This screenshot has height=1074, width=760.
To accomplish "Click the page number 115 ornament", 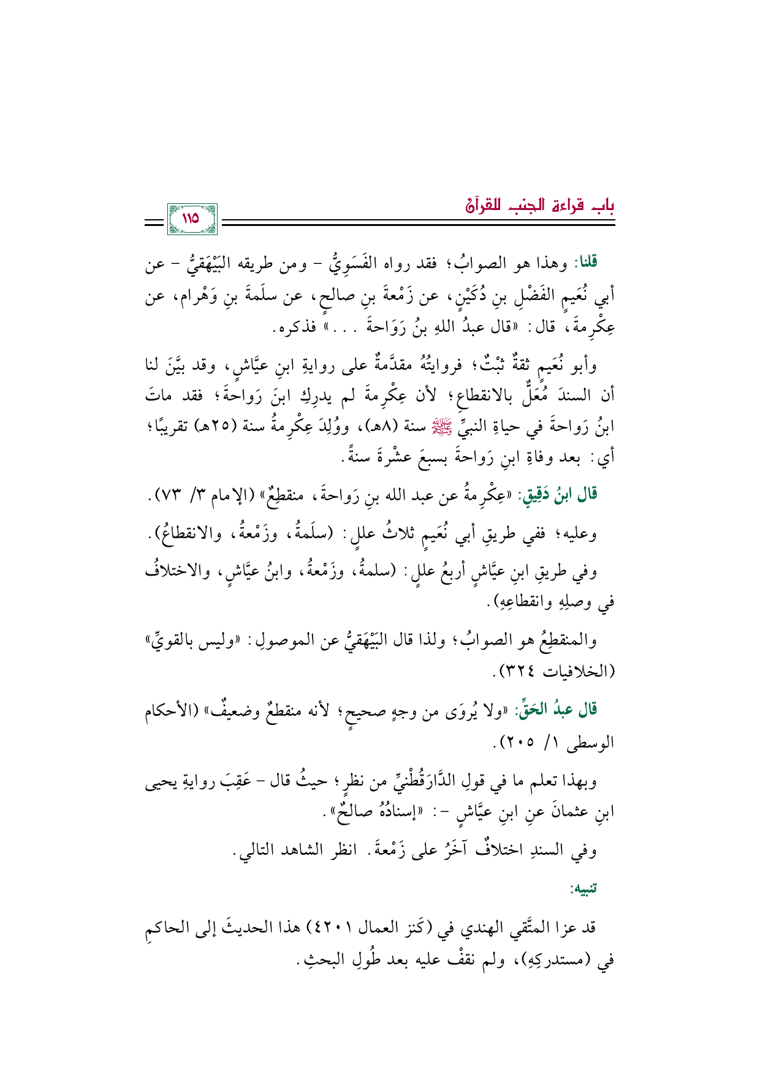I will coord(191,219).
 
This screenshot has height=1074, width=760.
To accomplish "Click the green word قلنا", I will coord(584,263).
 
